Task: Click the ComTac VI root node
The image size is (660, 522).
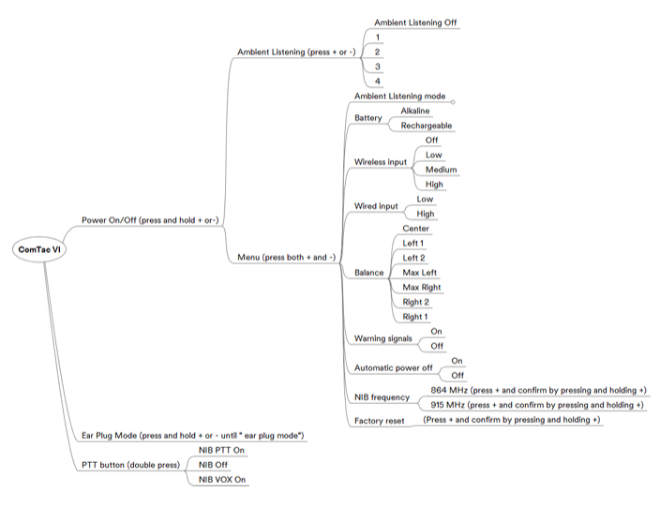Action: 39,249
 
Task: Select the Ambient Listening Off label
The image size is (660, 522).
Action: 415,22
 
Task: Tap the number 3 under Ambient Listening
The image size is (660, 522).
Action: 378,67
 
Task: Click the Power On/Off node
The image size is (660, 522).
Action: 150,220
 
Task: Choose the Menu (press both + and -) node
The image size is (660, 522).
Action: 287,257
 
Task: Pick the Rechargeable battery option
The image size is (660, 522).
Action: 427,126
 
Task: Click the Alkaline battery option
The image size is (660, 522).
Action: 415,111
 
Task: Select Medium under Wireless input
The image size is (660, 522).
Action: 442,170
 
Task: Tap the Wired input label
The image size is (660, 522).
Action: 376,206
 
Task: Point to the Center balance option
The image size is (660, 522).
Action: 416,229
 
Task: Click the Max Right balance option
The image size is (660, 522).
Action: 422,288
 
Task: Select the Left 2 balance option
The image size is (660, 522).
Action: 413,258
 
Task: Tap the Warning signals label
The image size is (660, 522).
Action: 383,338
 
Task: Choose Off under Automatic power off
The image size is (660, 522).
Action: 457,375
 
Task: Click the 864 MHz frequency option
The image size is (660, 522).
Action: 538,391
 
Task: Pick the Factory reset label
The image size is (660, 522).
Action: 380,421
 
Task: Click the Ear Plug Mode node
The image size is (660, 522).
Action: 193,436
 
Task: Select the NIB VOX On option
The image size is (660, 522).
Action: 222,480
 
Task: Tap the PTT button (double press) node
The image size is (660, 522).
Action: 130,465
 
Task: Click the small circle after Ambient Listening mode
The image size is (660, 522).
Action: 453,102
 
